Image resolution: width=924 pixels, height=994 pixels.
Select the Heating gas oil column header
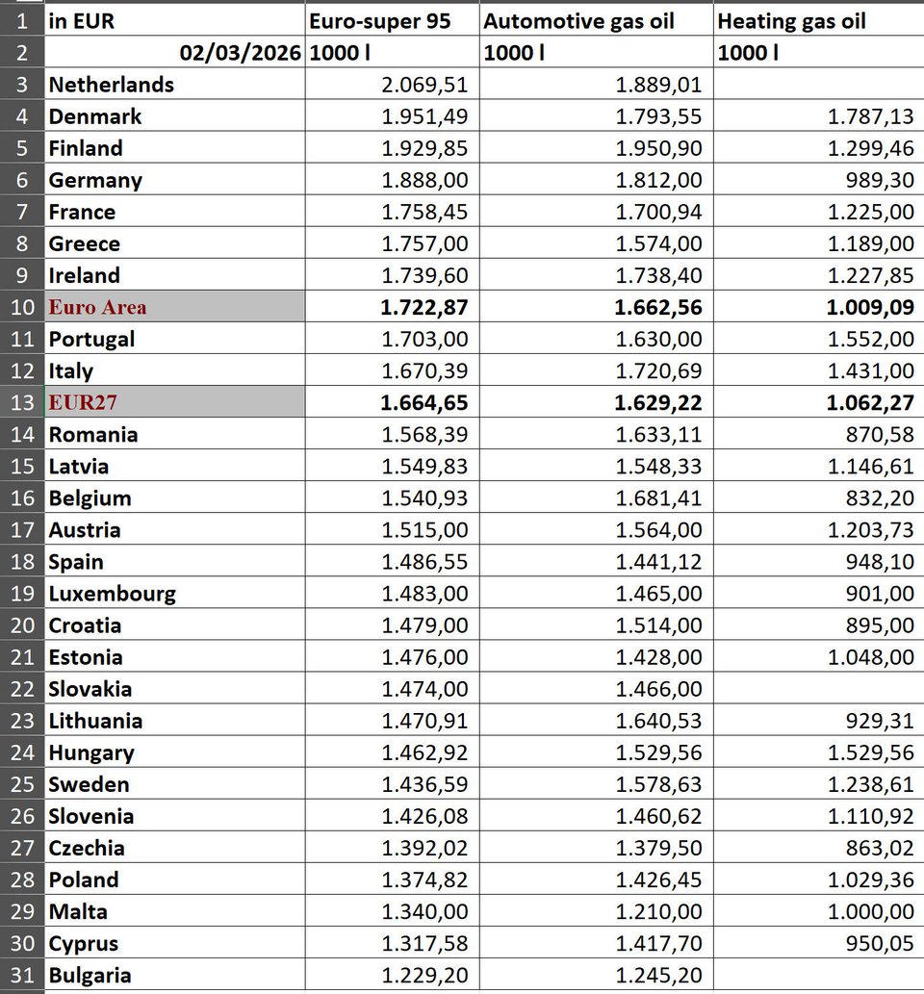791,21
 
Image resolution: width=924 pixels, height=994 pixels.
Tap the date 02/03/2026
242,53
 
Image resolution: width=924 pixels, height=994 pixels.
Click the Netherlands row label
112,85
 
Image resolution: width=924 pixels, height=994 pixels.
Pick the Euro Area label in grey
98,307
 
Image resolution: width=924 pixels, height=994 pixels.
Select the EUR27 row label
83,402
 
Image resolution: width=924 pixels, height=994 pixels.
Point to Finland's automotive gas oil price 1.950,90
659,148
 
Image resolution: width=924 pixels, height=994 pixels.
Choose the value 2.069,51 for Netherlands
424,85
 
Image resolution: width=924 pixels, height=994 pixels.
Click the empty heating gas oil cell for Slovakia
818,689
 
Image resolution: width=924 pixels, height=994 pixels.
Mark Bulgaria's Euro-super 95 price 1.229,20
424,975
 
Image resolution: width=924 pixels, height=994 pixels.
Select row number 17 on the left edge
23,530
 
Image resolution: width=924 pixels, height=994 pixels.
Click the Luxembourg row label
113,594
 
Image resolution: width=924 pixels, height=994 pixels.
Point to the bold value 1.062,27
870,402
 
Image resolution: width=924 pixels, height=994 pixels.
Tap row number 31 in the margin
23,975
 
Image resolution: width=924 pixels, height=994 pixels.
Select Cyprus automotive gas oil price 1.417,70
659,943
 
